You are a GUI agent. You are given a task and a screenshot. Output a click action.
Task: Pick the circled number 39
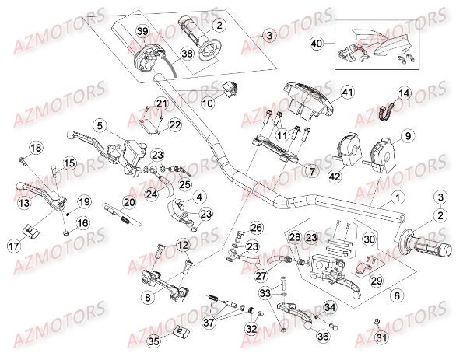(x=142, y=30)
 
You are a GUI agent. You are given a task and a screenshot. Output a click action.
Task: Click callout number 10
(x=208, y=101)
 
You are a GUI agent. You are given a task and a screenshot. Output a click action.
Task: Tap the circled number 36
(x=321, y=337)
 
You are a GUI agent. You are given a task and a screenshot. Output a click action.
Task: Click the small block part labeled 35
(x=179, y=333)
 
